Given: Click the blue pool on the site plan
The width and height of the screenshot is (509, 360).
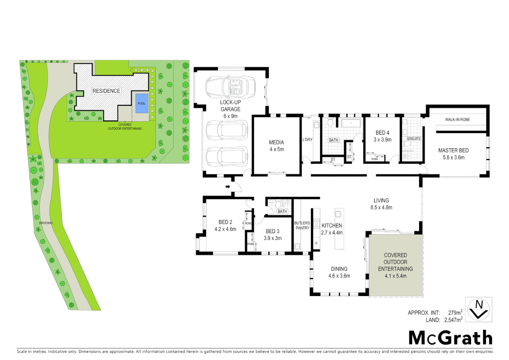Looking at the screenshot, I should click(x=142, y=103).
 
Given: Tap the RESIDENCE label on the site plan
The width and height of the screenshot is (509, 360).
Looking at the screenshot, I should click(x=106, y=91).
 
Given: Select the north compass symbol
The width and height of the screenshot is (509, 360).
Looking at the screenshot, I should click(x=479, y=310).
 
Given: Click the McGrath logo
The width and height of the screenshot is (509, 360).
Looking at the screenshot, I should click(x=450, y=338).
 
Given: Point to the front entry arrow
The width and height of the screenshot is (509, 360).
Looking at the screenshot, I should click(x=228, y=186).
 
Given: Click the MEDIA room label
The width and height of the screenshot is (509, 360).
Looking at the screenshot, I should click(x=276, y=142).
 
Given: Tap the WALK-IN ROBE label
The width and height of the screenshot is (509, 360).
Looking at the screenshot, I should click(x=457, y=119).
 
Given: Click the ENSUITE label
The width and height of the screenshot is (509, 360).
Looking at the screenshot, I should click(x=414, y=139).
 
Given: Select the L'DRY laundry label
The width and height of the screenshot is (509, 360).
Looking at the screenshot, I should click(x=307, y=139).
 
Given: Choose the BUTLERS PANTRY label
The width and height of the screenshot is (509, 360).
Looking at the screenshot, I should click(x=302, y=225).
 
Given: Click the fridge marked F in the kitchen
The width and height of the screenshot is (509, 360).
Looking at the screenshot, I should click(x=316, y=244).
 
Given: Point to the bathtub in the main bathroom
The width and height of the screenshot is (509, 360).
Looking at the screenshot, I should click(x=351, y=123).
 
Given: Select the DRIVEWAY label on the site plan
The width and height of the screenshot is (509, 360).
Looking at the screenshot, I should click(x=46, y=223).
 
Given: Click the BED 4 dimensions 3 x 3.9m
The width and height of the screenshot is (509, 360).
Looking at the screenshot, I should click(x=382, y=140).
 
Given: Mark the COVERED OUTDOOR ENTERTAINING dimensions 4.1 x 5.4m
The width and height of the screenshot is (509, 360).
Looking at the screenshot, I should click(x=395, y=276).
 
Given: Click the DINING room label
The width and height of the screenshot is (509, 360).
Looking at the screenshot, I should click(x=339, y=269).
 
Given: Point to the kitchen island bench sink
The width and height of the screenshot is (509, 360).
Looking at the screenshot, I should click(x=338, y=214).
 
